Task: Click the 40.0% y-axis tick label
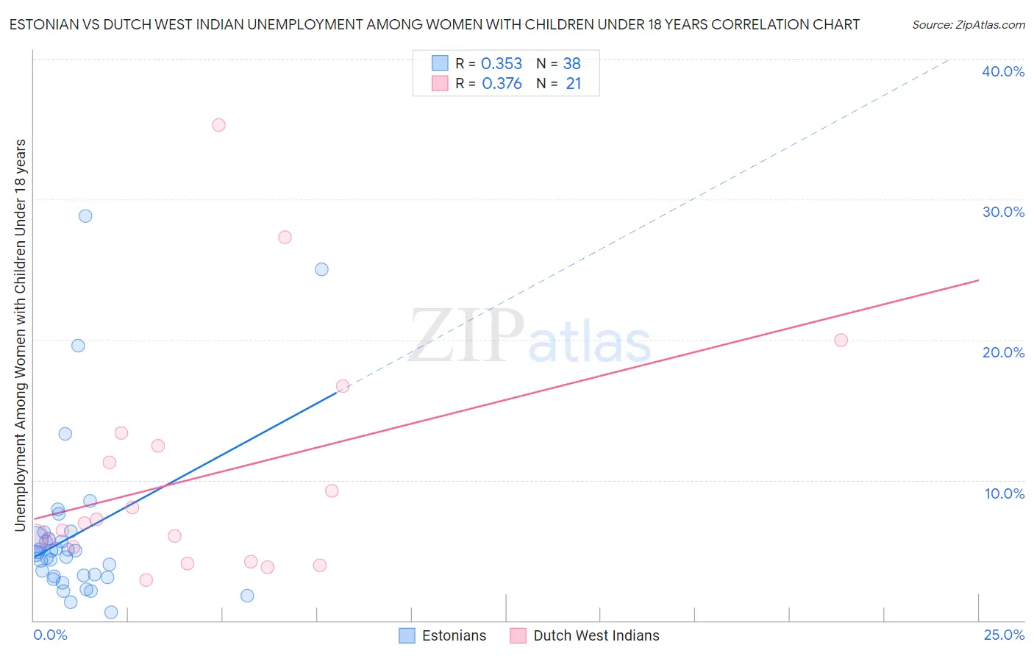tap(1003, 71)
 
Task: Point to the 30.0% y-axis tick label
tap(1003, 212)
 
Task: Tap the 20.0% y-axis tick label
tap(1003, 352)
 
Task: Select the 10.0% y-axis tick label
tap(1004, 493)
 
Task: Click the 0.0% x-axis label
tap(50, 635)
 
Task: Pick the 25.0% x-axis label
tap(1004, 635)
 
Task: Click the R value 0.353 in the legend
tap(502, 64)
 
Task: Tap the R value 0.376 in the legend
tap(502, 84)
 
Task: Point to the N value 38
tap(571, 64)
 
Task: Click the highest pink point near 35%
tap(218, 125)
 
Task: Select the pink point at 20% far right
tap(841, 340)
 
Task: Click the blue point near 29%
tap(85, 216)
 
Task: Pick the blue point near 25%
tap(321, 269)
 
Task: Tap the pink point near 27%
tap(285, 237)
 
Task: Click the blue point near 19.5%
tap(78, 346)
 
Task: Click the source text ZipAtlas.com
tap(968, 25)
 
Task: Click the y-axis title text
tap(20, 335)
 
